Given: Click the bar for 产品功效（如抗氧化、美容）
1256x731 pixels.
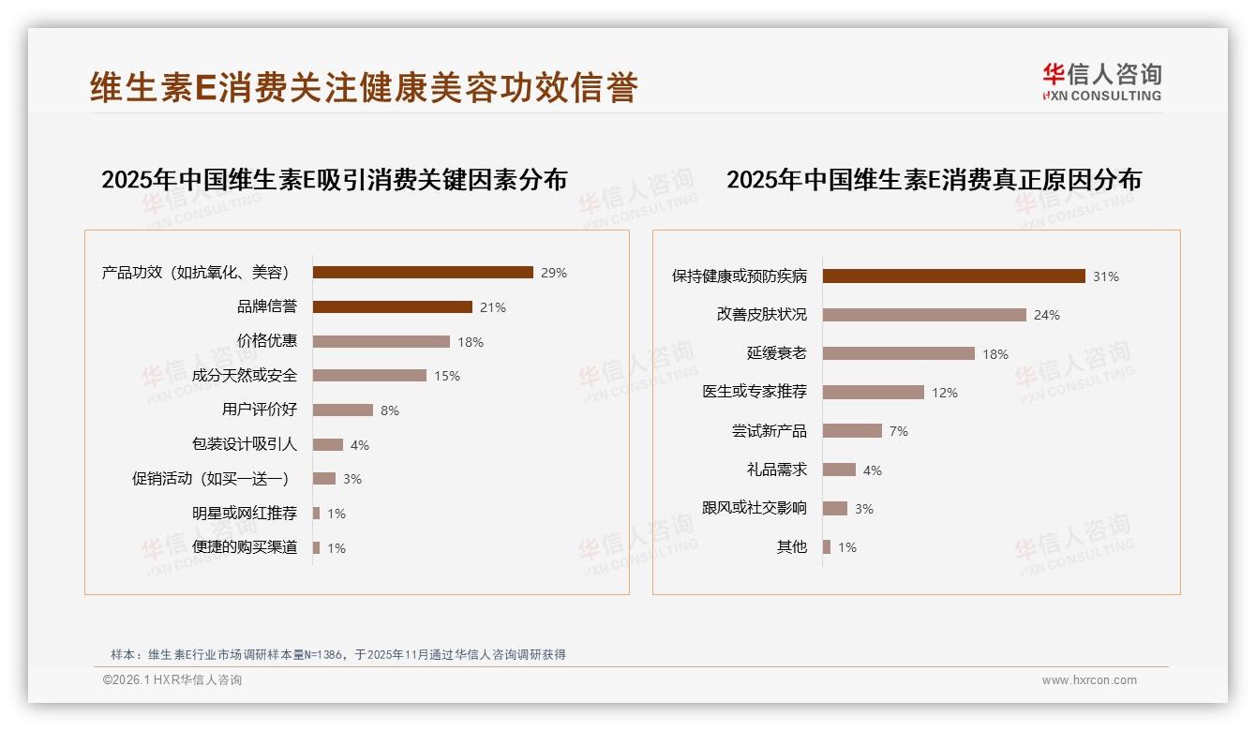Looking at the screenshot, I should point(422,273).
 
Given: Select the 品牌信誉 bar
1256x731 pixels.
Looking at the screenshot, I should point(392,307).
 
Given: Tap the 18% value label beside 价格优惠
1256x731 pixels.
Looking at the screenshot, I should point(471,342).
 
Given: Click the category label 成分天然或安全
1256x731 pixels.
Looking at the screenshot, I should point(244,376).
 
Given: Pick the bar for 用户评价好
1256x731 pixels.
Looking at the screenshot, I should point(342,410).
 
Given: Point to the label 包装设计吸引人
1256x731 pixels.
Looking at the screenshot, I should point(244,444).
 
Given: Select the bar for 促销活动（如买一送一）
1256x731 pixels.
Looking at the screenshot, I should point(323,479).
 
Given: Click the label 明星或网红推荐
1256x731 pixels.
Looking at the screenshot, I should point(244,514).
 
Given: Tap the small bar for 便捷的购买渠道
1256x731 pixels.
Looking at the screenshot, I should point(316,547).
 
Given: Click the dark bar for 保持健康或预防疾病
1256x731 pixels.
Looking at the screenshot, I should point(953,276).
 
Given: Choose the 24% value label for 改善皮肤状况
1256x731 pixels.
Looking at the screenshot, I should point(1046,315).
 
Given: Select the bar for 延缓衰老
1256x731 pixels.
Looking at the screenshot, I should point(898,353).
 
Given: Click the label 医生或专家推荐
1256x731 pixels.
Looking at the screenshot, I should point(754,392).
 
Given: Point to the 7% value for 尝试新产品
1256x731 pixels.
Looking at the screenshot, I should point(898,431).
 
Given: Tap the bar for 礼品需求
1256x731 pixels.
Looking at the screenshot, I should point(839,470).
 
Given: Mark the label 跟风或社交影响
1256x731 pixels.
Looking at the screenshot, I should point(754,508).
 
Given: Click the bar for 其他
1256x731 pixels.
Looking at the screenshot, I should point(827,547).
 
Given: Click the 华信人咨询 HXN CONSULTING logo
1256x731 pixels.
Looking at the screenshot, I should point(1101,82).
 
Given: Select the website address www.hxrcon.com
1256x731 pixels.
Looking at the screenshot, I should point(1089,680).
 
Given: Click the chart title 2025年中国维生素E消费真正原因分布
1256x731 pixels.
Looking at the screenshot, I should point(934,179).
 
